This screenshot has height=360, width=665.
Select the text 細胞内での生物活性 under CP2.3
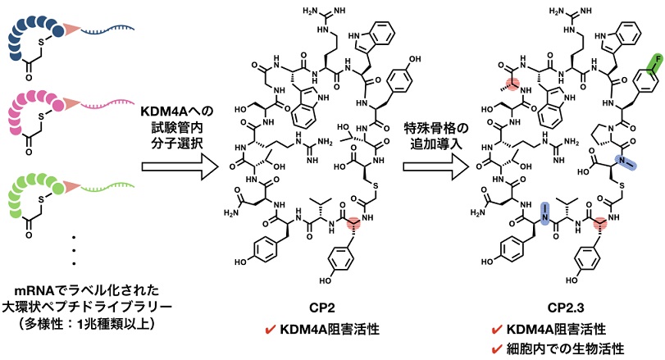point(567,348)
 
